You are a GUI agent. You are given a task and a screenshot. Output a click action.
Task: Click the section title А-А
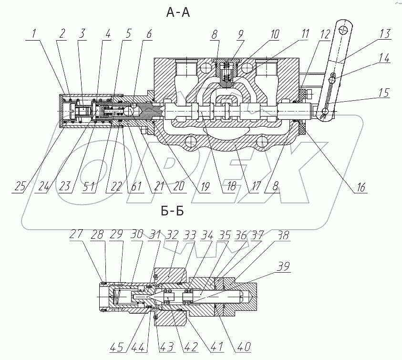click(177, 13)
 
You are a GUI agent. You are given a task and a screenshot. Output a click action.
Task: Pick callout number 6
click(149, 34)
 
